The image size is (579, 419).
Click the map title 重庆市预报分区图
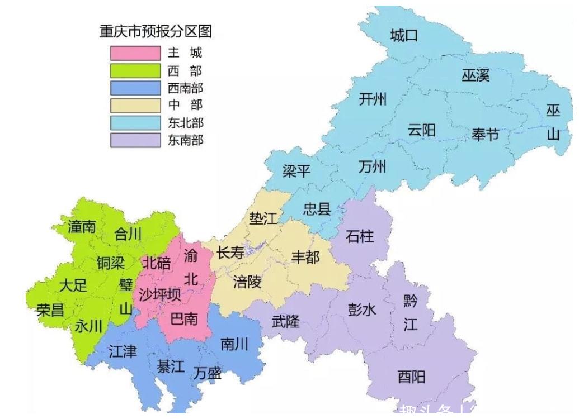156,31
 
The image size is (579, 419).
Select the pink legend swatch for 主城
135,53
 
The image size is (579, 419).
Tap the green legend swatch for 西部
135,70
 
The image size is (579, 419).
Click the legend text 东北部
185,122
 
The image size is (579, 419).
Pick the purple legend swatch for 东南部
135,140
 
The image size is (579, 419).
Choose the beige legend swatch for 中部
135,105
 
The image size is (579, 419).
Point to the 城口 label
404,36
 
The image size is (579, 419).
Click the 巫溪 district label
476,75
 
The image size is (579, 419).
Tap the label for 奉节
485,135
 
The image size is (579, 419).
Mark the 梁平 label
296,171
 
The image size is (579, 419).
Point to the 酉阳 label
411,377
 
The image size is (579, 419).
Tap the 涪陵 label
247,282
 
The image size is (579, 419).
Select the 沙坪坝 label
160,294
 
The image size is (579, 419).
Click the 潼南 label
82,227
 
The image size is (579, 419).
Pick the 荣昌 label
51,310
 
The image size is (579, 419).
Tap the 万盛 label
208,373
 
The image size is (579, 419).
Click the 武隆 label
285,321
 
